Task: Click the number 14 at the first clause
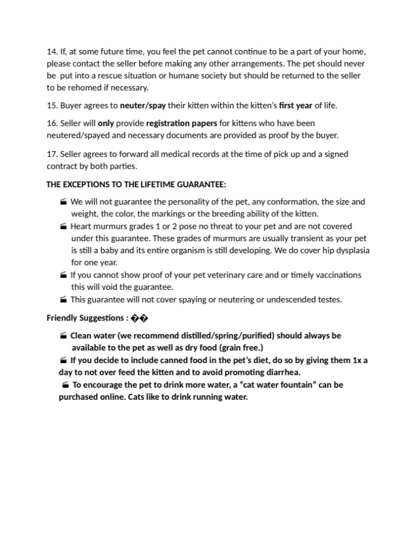coord(51,52)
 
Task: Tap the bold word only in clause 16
coord(106,123)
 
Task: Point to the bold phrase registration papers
coord(182,123)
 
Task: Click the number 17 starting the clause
coord(51,154)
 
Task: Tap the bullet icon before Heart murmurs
coord(64,226)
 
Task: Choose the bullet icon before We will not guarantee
coord(64,202)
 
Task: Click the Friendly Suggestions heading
coord(85,318)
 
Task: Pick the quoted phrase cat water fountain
coord(275,384)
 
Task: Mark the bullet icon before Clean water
coord(64,336)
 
